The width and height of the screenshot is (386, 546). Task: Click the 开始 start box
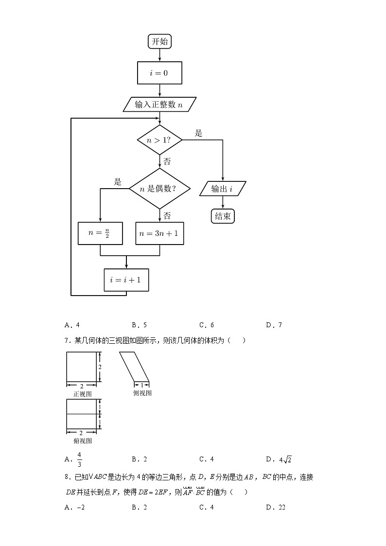pyautogui.click(x=160, y=42)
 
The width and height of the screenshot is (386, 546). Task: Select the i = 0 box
pyautogui.click(x=160, y=73)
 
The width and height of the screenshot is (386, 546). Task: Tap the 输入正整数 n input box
pyautogui.click(x=160, y=105)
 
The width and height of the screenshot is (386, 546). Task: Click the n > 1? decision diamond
pyautogui.click(x=159, y=140)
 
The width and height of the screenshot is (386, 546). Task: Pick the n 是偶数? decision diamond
pyautogui.click(x=159, y=189)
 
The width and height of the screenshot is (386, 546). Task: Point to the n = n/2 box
pyautogui.click(x=100, y=233)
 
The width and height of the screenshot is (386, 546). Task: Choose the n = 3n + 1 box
pyautogui.click(x=159, y=233)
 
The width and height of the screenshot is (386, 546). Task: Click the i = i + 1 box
pyautogui.click(x=126, y=280)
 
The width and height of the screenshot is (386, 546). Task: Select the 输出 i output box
pyautogui.click(x=223, y=189)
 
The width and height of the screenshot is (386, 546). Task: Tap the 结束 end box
pyautogui.click(x=223, y=216)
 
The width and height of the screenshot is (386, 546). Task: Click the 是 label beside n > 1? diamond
pyautogui.click(x=198, y=133)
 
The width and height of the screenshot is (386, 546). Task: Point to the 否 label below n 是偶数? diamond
pyautogui.click(x=167, y=215)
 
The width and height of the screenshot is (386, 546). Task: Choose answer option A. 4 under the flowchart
pyautogui.click(x=71, y=325)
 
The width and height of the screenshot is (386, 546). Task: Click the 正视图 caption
pyautogui.click(x=82, y=394)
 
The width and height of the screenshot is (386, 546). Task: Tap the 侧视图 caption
pyautogui.click(x=142, y=393)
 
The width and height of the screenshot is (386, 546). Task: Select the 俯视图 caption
pyautogui.click(x=82, y=441)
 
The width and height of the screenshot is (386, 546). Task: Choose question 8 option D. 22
pyautogui.click(x=275, y=508)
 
